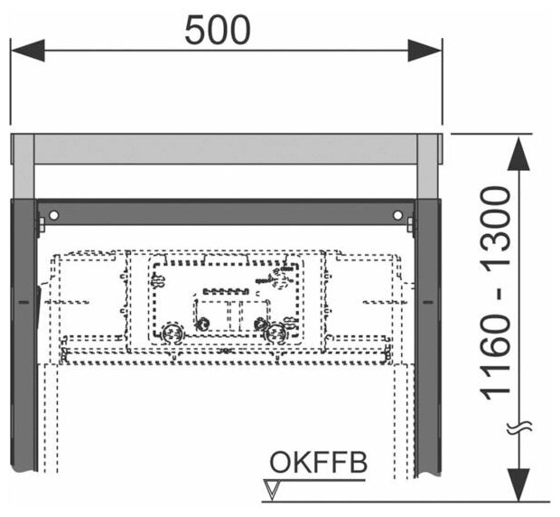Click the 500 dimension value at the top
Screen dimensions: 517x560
point(218,32)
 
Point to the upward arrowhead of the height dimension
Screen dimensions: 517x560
point(518,154)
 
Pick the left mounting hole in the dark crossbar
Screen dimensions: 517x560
point(54,215)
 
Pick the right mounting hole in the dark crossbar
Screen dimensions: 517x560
point(397,215)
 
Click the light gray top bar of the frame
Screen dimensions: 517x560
point(226,149)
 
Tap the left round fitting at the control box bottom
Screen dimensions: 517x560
point(172,333)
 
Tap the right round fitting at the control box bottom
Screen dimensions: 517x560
point(274,333)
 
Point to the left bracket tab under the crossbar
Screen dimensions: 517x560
point(40,224)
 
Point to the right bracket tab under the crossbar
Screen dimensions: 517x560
point(411,224)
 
